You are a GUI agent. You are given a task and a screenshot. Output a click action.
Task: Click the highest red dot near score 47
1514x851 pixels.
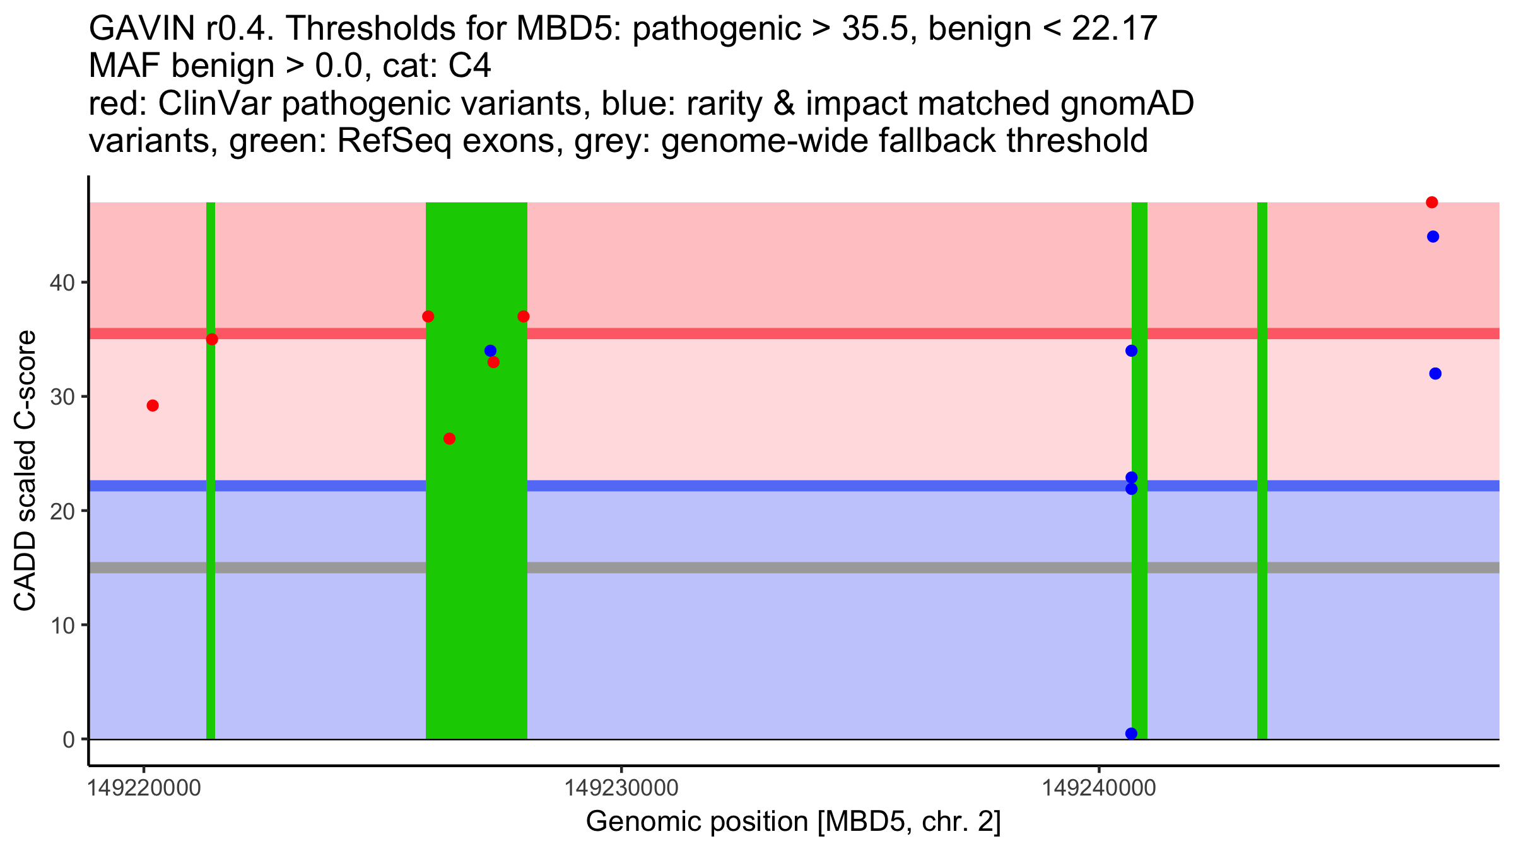click(x=1431, y=202)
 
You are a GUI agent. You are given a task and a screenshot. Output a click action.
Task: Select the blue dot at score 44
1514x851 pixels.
click(x=1433, y=236)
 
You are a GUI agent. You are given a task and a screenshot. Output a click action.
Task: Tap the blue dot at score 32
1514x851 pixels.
click(x=1435, y=374)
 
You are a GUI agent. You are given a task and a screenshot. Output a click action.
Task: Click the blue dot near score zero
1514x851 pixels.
click(x=1131, y=734)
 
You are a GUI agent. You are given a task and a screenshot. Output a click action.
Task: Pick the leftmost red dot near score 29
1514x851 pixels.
click(x=153, y=405)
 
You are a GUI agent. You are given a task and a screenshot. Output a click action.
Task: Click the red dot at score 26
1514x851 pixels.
click(x=449, y=439)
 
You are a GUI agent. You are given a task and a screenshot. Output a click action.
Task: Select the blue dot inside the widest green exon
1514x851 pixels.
click(x=490, y=350)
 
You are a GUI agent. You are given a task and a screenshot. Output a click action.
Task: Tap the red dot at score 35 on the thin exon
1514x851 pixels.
click(x=212, y=339)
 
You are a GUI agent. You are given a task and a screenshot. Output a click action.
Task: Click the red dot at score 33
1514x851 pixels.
click(x=493, y=362)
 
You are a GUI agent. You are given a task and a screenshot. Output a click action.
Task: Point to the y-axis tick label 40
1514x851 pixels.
click(x=62, y=282)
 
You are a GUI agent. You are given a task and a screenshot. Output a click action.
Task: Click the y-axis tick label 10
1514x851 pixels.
click(x=62, y=625)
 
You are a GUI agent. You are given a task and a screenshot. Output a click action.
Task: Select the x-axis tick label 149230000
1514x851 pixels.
click(x=621, y=788)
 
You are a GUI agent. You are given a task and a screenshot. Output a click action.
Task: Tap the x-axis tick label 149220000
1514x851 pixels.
click(x=144, y=788)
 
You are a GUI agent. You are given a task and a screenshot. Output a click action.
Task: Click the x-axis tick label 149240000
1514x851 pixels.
click(x=1099, y=788)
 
